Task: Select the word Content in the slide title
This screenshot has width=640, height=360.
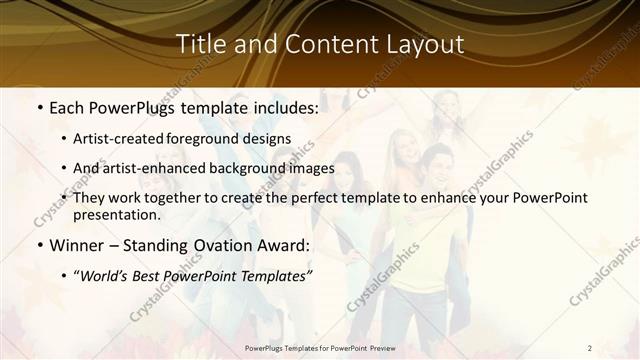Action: pyautogui.click(x=322, y=45)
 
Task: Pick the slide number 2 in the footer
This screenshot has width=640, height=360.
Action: pyautogui.click(x=590, y=347)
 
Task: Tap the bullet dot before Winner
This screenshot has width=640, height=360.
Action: pyautogui.click(x=39, y=245)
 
